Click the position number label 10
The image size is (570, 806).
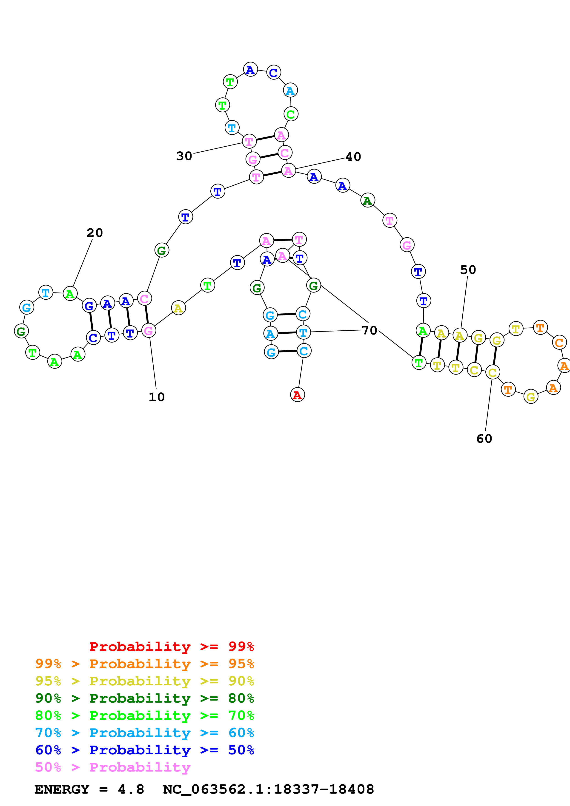[x=157, y=397]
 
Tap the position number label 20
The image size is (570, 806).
[x=95, y=233]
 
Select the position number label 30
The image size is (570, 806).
[x=184, y=156]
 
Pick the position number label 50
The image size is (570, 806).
[x=468, y=270]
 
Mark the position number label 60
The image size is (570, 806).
[x=484, y=439]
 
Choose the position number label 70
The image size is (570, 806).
[x=369, y=330]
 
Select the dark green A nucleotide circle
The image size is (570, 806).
[x=368, y=200]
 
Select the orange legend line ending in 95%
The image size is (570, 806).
[x=145, y=664]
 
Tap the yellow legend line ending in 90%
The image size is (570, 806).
[x=145, y=681]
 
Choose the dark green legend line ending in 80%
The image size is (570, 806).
[x=145, y=698]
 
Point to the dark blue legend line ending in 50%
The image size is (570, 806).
[x=145, y=750]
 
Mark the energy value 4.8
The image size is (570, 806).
[x=131, y=789]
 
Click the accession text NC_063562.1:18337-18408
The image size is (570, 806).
[x=269, y=789]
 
